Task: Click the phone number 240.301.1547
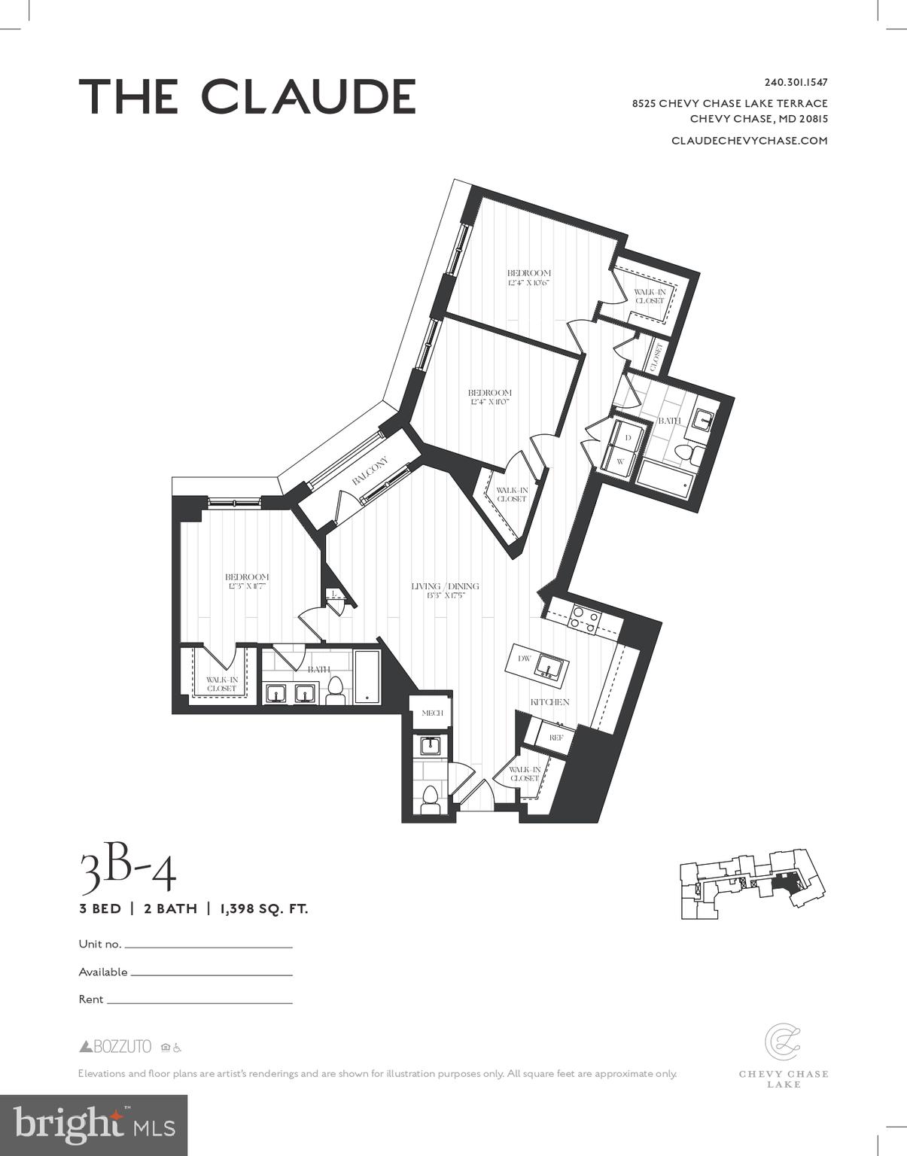[796, 83]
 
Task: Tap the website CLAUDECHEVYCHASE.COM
[749, 141]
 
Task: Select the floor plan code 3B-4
[128, 872]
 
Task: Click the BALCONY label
[370, 471]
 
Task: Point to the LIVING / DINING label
[445, 586]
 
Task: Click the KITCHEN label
[549, 701]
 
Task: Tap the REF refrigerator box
[555, 738]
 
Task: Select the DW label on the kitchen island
[525, 659]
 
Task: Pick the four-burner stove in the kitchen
[583, 619]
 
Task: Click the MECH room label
[431, 713]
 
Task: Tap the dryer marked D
[628, 437]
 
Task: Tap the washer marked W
[621, 461]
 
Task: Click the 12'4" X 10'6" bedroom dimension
[528, 283]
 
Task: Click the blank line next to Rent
[199, 1002]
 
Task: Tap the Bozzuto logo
[116, 1047]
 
